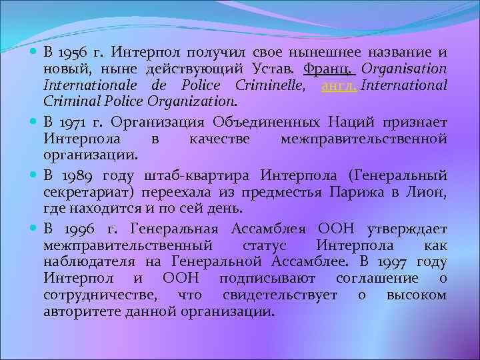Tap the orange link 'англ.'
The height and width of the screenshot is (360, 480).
(x=339, y=86)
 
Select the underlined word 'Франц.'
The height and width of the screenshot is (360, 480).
(x=331, y=69)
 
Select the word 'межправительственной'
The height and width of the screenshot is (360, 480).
(x=363, y=139)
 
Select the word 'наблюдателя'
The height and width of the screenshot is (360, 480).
(x=83, y=261)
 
